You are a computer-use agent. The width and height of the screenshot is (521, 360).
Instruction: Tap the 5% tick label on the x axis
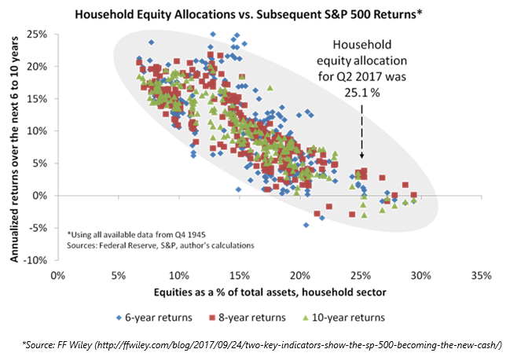tap(118, 276)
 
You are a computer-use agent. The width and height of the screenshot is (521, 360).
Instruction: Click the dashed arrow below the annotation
tap(361, 134)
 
